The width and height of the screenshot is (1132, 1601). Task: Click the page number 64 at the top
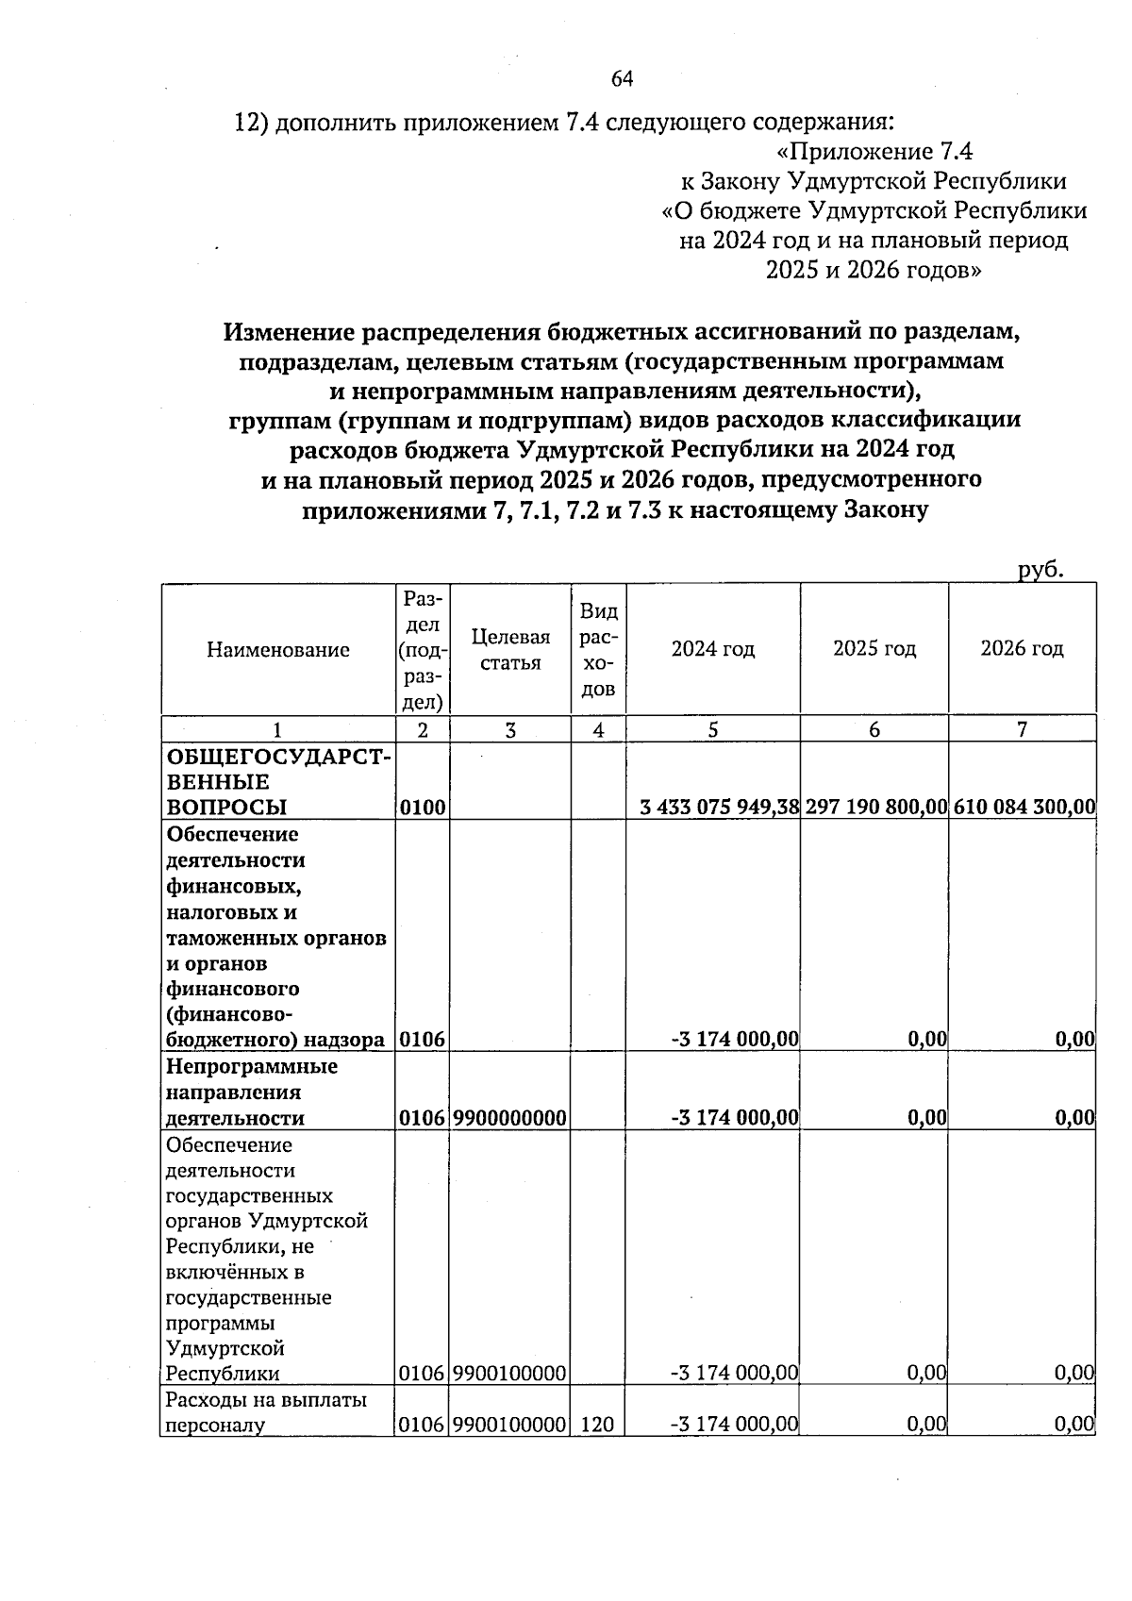click(622, 79)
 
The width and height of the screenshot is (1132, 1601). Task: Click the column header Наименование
click(278, 649)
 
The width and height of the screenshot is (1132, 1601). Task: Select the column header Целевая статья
click(510, 650)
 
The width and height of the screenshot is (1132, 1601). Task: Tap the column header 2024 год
click(713, 649)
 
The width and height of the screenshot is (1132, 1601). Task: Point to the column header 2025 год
click(874, 649)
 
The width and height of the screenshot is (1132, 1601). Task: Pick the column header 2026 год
click(1022, 649)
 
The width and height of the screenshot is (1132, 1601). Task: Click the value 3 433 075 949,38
click(719, 807)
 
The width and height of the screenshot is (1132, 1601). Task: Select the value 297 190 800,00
click(875, 807)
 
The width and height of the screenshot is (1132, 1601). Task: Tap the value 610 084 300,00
click(1024, 807)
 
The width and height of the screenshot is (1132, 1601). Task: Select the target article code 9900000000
click(510, 1118)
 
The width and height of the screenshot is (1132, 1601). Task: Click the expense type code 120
click(598, 1425)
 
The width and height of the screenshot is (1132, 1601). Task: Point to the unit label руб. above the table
click(1040, 569)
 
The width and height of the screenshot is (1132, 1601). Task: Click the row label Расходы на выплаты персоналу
click(266, 1412)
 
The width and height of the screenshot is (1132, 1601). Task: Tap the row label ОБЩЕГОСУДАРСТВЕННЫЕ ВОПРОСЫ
click(278, 781)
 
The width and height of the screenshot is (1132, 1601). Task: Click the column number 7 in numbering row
click(1022, 729)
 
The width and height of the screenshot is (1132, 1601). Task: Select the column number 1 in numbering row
click(277, 729)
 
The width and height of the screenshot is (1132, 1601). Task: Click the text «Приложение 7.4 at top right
click(874, 152)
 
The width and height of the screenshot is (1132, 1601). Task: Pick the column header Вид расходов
click(598, 649)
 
